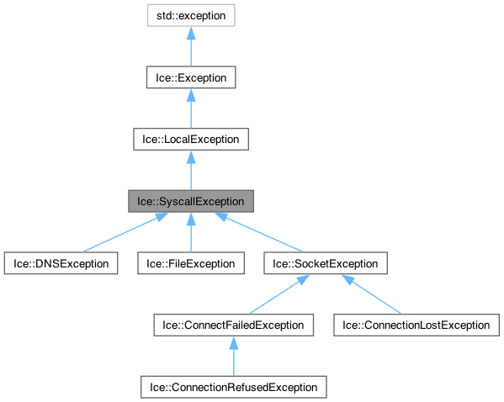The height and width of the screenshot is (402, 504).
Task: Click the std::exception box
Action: click(x=191, y=15)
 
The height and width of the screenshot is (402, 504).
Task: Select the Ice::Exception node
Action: click(x=191, y=77)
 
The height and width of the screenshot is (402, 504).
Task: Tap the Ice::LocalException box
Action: click(x=191, y=140)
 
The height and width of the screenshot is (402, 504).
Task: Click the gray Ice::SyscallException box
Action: click(x=191, y=202)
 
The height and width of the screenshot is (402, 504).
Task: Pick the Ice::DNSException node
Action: click(x=60, y=263)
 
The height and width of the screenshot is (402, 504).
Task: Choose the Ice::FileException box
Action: click(x=191, y=263)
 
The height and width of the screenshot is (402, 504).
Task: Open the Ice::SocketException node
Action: click(x=326, y=263)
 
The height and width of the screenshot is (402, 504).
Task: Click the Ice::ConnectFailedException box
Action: click(x=233, y=325)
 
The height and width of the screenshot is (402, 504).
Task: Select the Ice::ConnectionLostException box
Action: click(x=412, y=325)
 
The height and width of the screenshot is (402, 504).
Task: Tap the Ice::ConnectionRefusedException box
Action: click(x=233, y=387)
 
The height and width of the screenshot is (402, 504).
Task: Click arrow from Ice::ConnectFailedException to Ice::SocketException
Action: click(x=278, y=294)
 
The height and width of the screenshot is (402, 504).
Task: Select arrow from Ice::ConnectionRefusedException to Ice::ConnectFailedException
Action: click(x=233, y=357)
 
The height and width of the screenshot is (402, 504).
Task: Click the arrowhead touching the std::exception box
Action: click(x=191, y=33)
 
